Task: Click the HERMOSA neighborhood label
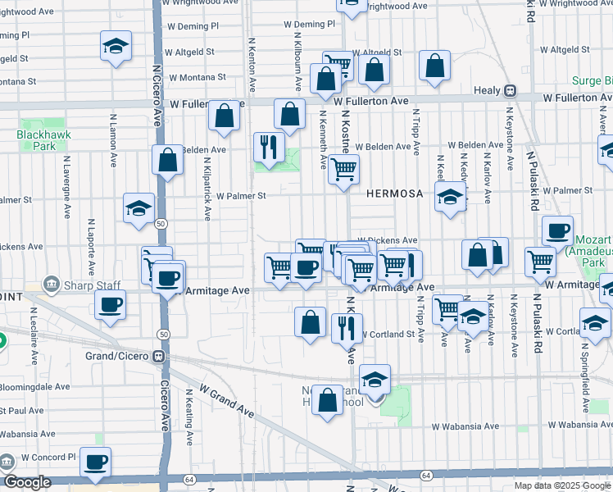pyautogui.click(x=394, y=194)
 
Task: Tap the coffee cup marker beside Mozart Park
pyautogui.click(x=557, y=231)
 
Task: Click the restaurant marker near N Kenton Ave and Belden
pyautogui.click(x=269, y=148)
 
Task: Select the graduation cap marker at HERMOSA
pyautogui.click(x=450, y=197)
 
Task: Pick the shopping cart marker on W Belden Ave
pyautogui.click(x=343, y=170)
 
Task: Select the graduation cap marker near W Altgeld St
pyautogui.click(x=116, y=47)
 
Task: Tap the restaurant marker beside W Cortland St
pyautogui.click(x=347, y=327)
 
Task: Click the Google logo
pyautogui.click(x=27, y=483)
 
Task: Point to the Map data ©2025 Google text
pyautogui.click(x=562, y=485)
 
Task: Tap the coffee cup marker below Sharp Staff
pyautogui.click(x=110, y=306)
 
